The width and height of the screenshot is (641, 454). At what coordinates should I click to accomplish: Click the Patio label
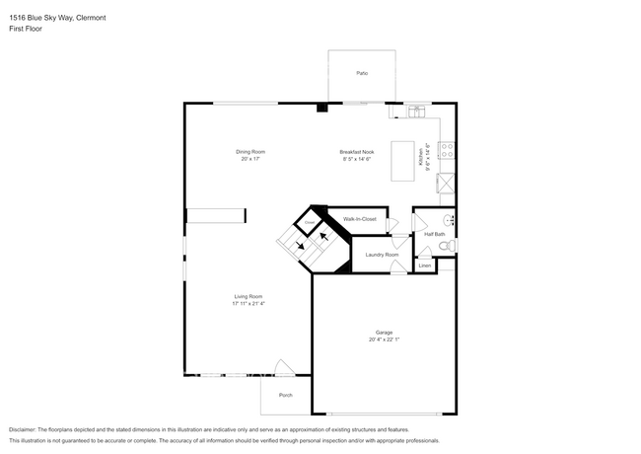(362, 73)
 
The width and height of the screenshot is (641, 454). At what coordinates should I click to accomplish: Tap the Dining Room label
(250, 152)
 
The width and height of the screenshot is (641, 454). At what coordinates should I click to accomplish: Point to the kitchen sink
(416, 111)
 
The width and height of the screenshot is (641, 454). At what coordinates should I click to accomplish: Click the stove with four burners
(447, 151)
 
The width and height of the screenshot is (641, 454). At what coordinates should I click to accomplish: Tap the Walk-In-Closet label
(359, 218)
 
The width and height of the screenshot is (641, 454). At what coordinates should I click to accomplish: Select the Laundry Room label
(382, 255)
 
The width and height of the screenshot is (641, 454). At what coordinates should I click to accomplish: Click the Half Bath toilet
(446, 245)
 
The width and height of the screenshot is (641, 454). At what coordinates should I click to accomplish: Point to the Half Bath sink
(450, 219)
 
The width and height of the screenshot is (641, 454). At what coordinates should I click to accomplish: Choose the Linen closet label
(424, 265)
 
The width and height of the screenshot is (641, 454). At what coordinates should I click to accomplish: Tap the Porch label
(285, 395)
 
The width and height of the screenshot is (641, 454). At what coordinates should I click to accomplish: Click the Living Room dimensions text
(249, 303)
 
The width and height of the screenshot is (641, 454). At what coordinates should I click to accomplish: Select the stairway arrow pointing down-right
(300, 247)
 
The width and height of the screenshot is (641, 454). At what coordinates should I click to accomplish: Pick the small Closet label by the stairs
(309, 224)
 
